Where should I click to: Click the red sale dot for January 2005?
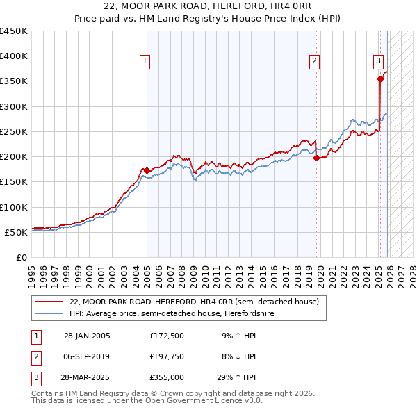tap(147, 170)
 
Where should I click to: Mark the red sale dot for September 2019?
tap(316, 158)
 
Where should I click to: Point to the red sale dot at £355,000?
tap(380, 79)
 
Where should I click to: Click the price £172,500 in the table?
tap(166, 336)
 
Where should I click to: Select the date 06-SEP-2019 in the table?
tap(87, 357)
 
